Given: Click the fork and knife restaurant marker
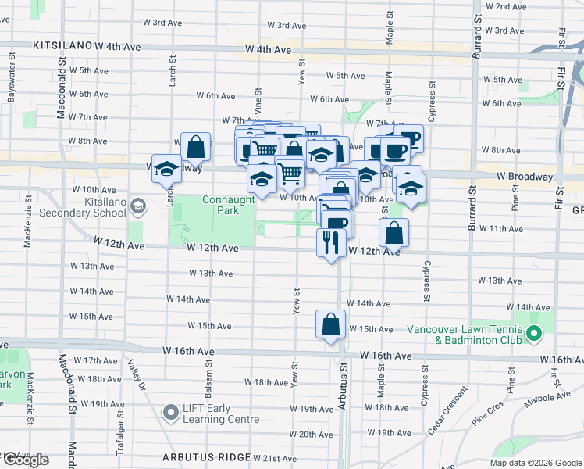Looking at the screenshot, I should point(330,243).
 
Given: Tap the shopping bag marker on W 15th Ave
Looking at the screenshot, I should point(330,323).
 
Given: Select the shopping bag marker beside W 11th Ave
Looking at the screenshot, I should point(394,231).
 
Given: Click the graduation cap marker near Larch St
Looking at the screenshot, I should point(166,170).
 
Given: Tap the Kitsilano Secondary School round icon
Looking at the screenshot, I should point(138,206).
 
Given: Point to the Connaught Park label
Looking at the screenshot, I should point(228,206).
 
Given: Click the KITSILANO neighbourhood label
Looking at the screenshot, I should point(62,47).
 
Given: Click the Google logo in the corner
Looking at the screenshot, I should point(26,460).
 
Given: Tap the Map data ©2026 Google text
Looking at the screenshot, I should point(535,463).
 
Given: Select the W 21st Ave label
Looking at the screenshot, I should point(275,458).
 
